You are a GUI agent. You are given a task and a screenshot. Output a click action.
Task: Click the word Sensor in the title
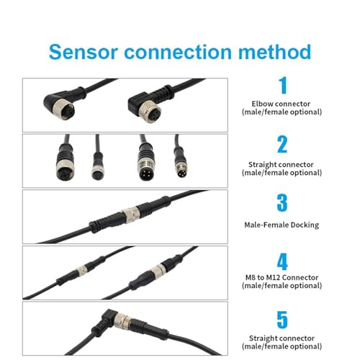pyautogui.click(x=84, y=52)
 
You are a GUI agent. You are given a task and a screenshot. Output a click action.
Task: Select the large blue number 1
pyautogui.click(x=282, y=85)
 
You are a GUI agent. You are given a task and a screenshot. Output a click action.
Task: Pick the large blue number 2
pyautogui.click(x=282, y=144)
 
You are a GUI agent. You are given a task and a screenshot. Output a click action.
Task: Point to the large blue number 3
pyautogui.click(x=282, y=203)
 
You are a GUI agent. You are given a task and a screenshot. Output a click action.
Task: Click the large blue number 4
pyautogui.click(x=282, y=261)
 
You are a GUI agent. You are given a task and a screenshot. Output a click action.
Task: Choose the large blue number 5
pyautogui.click(x=282, y=320)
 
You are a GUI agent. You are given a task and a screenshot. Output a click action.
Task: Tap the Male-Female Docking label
pyautogui.click(x=282, y=225)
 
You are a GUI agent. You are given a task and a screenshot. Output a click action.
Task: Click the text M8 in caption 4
pyautogui.click(x=250, y=277)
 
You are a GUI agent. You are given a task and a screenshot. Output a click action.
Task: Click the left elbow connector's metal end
pyautogui.click(x=63, y=109)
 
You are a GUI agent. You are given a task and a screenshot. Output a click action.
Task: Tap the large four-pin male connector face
pyautogui.click(x=145, y=171)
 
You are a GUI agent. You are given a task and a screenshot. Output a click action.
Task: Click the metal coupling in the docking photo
pyautogui.click(x=131, y=212)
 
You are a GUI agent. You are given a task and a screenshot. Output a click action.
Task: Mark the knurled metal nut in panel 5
pyautogui.click(x=123, y=321)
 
